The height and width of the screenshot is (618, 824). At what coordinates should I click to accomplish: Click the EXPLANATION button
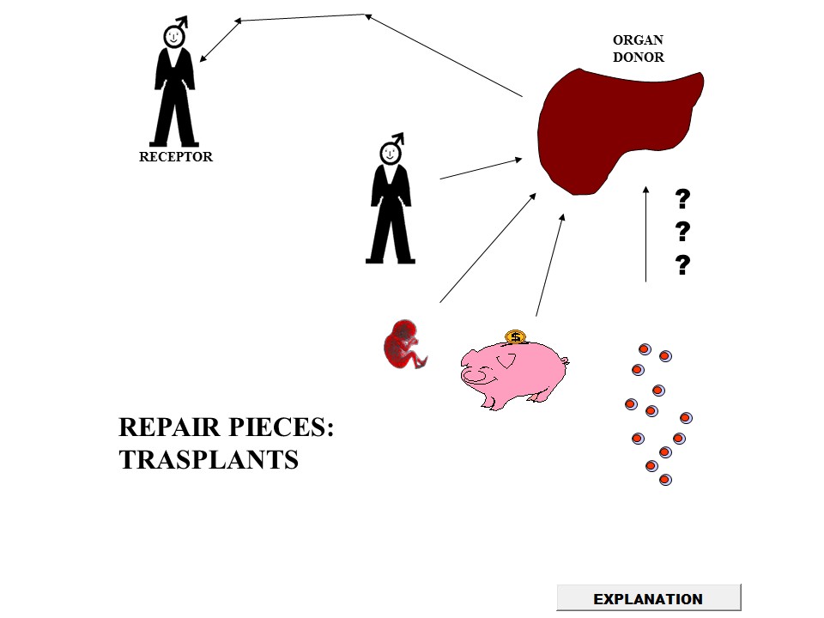pyautogui.click(x=648, y=598)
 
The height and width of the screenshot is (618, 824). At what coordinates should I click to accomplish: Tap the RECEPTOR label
pyautogui.click(x=176, y=157)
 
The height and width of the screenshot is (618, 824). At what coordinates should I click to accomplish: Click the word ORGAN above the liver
pyautogui.click(x=638, y=40)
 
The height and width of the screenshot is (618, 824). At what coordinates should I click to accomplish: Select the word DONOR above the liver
pyautogui.click(x=638, y=58)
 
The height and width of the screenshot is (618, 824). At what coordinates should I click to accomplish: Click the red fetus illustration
pyautogui.click(x=403, y=344)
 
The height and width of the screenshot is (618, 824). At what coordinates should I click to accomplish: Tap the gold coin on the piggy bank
pyautogui.click(x=515, y=336)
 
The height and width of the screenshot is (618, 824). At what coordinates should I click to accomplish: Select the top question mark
pyautogui.click(x=683, y=199)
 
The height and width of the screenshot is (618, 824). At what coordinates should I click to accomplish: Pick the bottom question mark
pyautogui.click(x=683, y=264)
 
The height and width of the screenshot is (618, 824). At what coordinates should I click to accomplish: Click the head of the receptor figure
pyautogui.click(x=175, y=37)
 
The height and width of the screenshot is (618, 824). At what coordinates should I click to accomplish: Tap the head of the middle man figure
pyautogui.click(x=391, y=153)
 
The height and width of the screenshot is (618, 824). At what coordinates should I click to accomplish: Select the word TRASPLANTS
pyautogui.click(x=209, y=459)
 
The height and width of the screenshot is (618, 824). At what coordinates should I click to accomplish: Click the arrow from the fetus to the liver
pyautogui.click(x=487, y=247)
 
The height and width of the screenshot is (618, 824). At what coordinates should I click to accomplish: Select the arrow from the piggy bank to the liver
pyautogui.click(x=549, y=266)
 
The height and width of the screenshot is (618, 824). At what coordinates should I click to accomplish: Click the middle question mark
pyautogui.click(x=683, y=231)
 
